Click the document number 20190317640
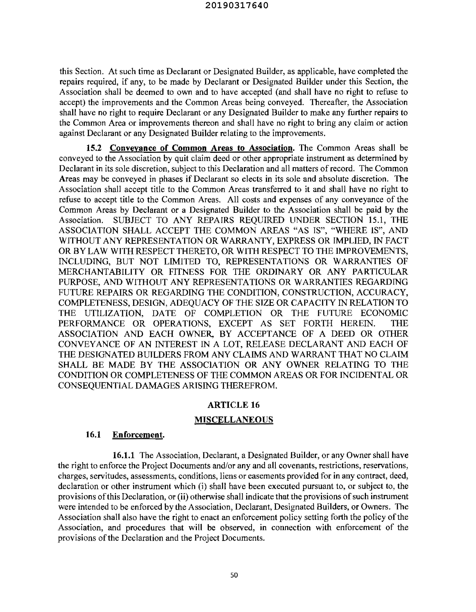click(x=237, y=6)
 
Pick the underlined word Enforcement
click(x=138, y=435)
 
